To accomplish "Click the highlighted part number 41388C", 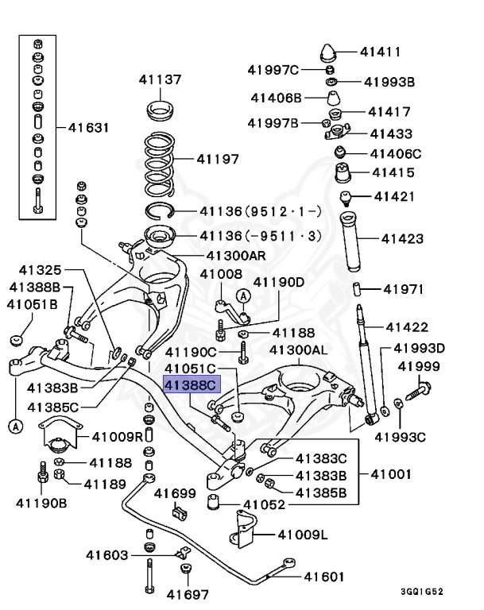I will click(190, 385).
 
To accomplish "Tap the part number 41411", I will click(380, 52).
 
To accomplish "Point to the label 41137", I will click(160, 79).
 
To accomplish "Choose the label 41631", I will click(88, 127).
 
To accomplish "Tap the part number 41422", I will click(407, 326).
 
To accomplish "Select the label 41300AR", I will click(236, 256).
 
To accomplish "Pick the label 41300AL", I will click(298, 350).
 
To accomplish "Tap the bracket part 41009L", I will click(242, 534).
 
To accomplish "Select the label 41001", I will click(391, 475).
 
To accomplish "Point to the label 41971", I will click(405, 289).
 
